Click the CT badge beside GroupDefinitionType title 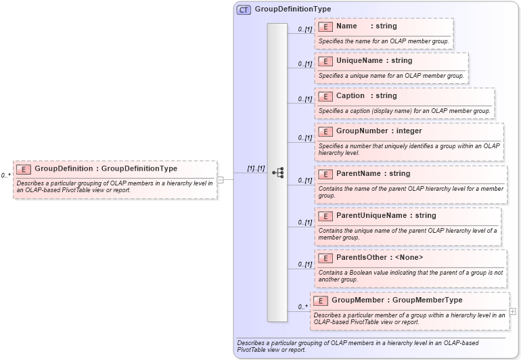coord(244,9)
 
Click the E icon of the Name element coord(325,26)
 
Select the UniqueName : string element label coord(374,61)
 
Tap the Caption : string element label coord(366,96)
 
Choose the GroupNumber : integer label coord(379,131)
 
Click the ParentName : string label coord(373,174)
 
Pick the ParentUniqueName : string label coord(386,216)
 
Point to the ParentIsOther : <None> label coord(380,258)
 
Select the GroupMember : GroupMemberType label coord(397,300)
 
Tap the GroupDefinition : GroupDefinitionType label coord(106,168)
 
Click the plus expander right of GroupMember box coord(512,311)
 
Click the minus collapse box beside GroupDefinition coord(220,180)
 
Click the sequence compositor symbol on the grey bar coord(277,173)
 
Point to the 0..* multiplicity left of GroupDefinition coord(6,175)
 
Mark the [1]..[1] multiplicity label coord(255,168)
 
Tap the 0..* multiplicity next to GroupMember coord(302,307)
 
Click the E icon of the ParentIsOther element coord(325,258)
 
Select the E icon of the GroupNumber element coord(325,131)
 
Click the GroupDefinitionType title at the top coord(292,9)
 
